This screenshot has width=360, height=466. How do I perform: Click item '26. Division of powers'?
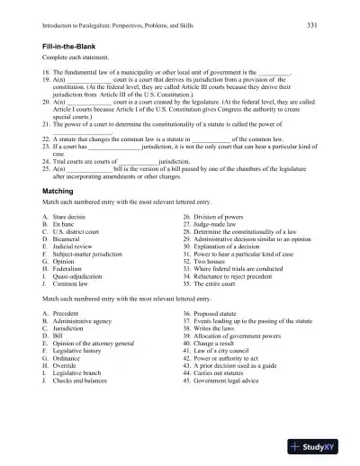click(211, 193)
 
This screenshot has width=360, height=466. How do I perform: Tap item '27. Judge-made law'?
click(210, 200)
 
